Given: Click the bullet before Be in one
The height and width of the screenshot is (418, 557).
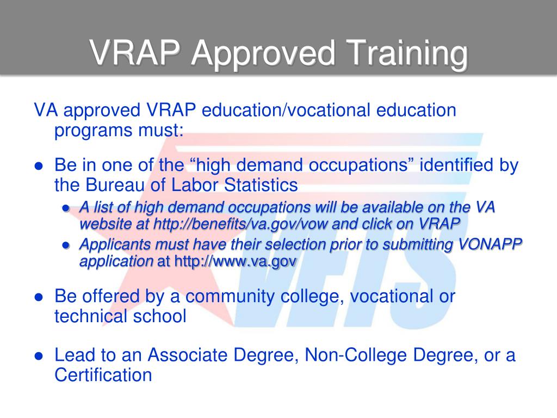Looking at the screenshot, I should coord(39,167).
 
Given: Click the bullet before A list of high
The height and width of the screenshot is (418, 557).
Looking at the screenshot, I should coord(66,208).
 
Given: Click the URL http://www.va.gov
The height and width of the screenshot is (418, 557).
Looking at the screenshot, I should coord(235,261).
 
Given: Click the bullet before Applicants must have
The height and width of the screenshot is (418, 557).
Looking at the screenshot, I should coord(66,246).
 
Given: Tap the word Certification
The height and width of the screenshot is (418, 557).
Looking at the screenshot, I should coord(103,374).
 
